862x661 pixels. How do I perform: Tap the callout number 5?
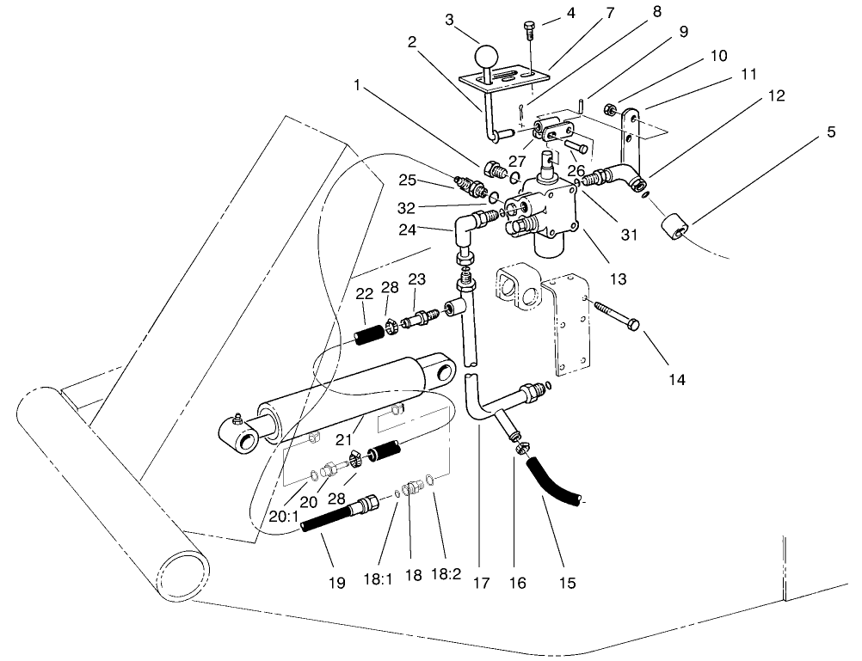(829, 132)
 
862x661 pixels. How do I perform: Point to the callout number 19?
(337, 583)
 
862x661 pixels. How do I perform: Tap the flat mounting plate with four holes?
(570, 327)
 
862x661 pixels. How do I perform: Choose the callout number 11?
(748, 75)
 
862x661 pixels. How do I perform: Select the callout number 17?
(481, 583)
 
